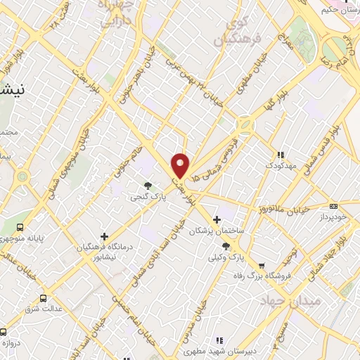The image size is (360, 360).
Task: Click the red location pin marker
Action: (x=181, y=166)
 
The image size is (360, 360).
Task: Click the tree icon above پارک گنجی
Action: (x=148, y=186)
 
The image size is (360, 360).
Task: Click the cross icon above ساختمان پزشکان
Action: (x=217, y=219)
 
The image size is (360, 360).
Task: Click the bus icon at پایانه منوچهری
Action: (x=20, y=227)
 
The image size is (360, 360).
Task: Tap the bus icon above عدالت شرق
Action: (x=44, y=298)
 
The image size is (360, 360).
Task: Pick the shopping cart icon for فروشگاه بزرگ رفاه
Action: (x=262, y=266)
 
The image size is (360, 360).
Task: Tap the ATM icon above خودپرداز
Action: (x=333, y=206)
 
